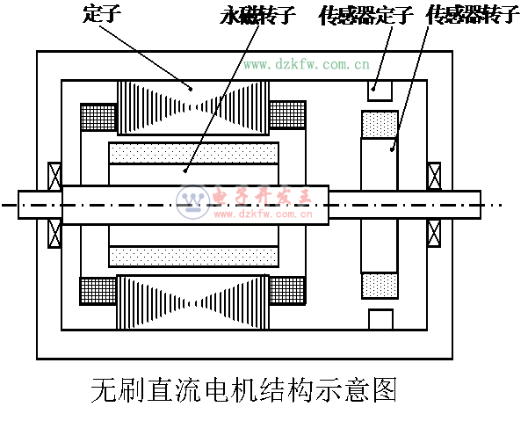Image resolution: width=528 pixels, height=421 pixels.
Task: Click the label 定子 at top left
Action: (99, 14)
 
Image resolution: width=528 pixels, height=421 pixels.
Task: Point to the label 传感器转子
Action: (472, 15)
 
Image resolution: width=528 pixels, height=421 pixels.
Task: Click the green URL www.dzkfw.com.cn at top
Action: (306, 63)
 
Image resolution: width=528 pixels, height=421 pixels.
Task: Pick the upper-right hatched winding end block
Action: (286, 113)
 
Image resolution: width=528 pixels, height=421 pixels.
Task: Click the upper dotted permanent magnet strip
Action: (193, 153)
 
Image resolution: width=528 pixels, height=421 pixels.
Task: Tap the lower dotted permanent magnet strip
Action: (193, 257)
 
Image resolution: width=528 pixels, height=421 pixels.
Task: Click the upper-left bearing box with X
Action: (54, 175)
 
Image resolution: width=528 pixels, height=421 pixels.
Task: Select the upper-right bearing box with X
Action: (433, 175)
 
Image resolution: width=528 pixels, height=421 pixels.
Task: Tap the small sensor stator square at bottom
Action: (380, 319)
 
